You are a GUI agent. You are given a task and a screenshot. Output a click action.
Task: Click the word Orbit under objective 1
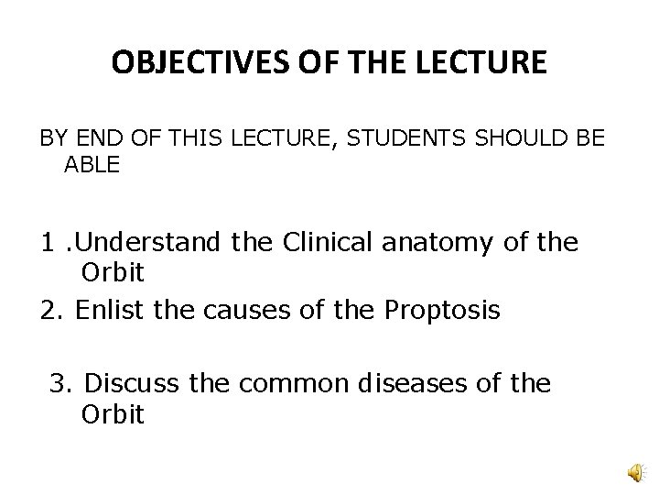point(113,273)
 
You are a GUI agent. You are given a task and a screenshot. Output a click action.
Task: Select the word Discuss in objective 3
point(127,383)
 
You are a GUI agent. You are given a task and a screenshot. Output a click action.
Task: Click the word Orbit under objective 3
point(113,413)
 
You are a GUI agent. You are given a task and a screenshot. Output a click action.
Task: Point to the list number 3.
point(60,383)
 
